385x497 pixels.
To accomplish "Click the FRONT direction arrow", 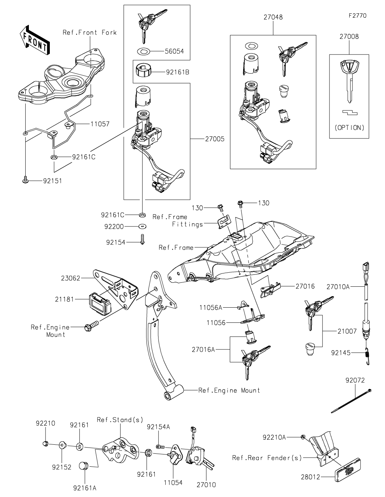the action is [x=35, y=40].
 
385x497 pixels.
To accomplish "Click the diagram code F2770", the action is [x=358, y=16].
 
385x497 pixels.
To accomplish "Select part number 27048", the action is [x=273, y=17].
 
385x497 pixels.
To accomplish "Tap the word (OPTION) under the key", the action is [x=349, y=127].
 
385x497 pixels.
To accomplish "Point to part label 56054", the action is [x=174, y=51].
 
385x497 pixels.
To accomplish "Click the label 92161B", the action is [x=178, y=72].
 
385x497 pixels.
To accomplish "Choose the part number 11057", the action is [x=100, y=124].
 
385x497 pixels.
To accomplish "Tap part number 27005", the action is [x=215, y=139].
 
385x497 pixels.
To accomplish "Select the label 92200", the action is [x=114, y=226].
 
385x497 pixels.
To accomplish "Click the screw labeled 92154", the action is [x=142, y=239].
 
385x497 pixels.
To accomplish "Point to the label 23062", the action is [x=71, y=278].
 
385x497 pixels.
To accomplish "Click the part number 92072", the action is [x=355, y=380].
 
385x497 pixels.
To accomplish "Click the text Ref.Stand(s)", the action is [x=120, y=420].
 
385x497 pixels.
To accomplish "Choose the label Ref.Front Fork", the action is [x=90, y=32].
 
